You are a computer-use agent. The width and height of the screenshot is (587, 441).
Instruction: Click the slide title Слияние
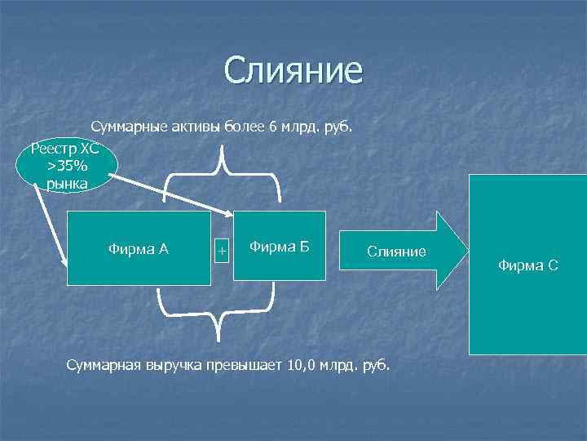pyautogui.click(x=293, y=70)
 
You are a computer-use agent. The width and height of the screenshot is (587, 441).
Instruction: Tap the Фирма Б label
pyautogui.click(x=279, y=246)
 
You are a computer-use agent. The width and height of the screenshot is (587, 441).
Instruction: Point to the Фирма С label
pyautogui.click(x=528, y=265)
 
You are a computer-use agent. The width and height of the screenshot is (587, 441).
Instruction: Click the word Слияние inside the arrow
pyautogui.click(x=396, y=252)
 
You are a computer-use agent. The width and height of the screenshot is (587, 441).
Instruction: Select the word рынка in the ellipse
pyautogui.click(x=68, y=184)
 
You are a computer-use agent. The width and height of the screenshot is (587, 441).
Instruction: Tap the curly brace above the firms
pyautogui.click(x=223, y=176)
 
